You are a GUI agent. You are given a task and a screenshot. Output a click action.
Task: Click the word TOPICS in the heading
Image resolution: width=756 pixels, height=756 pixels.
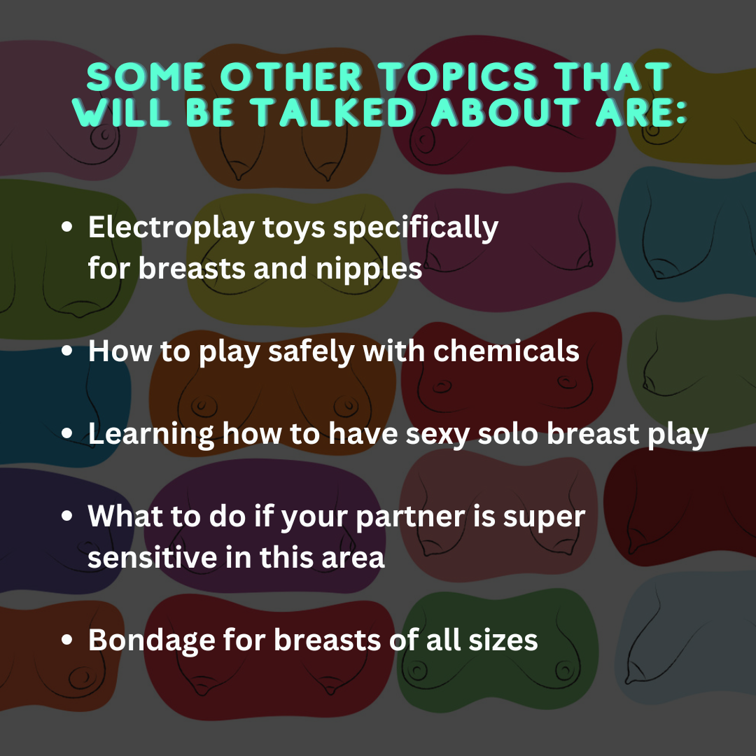click(x=458, y=77)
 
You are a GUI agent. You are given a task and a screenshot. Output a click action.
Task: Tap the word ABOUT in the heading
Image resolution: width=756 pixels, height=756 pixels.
click(x=506, y=112)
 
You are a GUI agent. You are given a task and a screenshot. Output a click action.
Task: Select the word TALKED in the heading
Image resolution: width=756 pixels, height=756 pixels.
click(x=335, y=112)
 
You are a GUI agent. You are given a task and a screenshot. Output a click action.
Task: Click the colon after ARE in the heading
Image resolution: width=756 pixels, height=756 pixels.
click(x=680, y=114)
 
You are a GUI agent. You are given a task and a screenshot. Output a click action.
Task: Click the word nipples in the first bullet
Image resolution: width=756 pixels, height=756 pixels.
click(x=369, y=269)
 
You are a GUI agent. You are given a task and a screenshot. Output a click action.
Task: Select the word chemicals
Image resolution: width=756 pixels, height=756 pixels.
click(x=506, y=351)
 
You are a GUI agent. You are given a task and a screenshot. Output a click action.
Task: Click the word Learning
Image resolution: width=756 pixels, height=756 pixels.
click(x=151, y=435)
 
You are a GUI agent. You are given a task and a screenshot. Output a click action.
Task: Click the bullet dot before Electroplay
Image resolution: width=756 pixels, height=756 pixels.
click(x=67, y=227)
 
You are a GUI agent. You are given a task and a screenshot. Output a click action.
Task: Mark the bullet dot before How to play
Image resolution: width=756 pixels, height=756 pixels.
click(x=67, y=351)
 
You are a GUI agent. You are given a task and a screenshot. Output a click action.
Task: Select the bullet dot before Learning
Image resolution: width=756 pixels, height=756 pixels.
click(x=67, y=433)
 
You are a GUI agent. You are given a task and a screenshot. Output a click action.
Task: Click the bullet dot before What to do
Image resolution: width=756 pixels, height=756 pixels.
click(x=67, y=516)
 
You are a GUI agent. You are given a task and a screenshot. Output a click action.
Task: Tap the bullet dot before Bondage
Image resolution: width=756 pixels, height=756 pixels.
click(x=67, y=640)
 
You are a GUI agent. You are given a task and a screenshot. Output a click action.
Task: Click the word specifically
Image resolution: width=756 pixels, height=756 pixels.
click(x=416, y=227)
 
